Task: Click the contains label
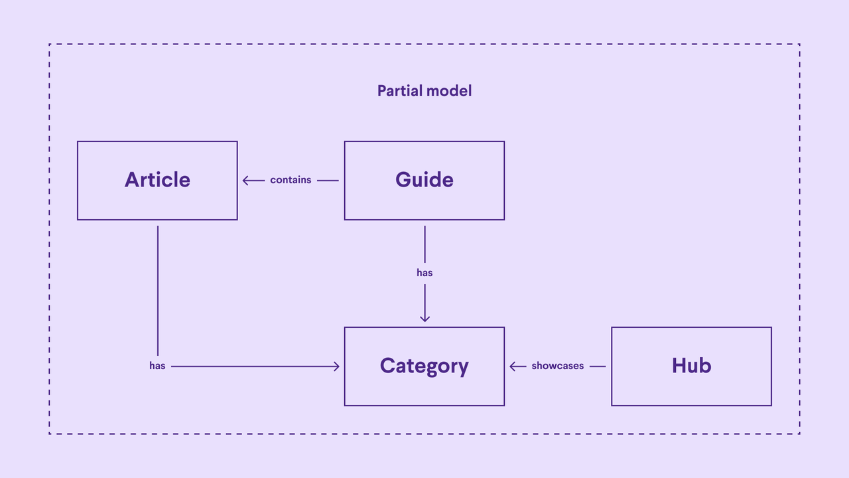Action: pos(291,180)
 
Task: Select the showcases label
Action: pos(557,366)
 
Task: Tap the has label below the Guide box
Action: pos(424,273)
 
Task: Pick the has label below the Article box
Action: pos(157,366)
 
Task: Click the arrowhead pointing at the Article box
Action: pos(245,180)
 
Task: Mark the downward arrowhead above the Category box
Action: pos(424,319)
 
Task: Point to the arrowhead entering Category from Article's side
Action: pos(336,366)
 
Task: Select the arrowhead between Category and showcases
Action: pos(513,366)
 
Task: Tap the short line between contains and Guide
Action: pos(328,180)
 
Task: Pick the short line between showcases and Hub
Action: pos(597,366)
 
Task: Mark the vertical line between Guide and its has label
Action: pos(424,244)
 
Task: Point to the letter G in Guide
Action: pos(403,180)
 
